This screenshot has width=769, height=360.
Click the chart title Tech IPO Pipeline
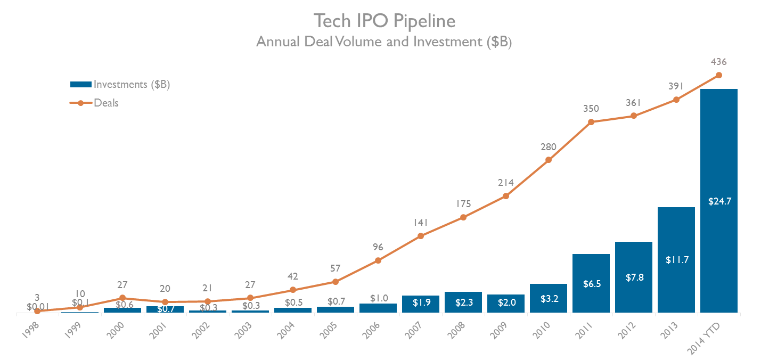tap(384, 21)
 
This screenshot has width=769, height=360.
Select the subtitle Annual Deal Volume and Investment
tap(384, 42)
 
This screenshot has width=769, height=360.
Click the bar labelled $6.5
tap(591, 283)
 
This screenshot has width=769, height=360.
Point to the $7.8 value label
tap(633, 278)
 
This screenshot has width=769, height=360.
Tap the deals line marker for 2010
tap(549, 160)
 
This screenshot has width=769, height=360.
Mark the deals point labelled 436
tap(718, 75)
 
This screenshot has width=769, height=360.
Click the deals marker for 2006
tap(378, 260)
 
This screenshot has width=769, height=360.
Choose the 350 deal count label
tap(591, 109)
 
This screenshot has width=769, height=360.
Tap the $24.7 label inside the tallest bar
tap(718, 202)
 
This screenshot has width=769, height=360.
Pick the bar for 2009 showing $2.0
tap(505, 303)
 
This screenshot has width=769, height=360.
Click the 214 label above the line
tap(505, 183)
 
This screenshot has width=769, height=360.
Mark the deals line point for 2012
tap(633, 116)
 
